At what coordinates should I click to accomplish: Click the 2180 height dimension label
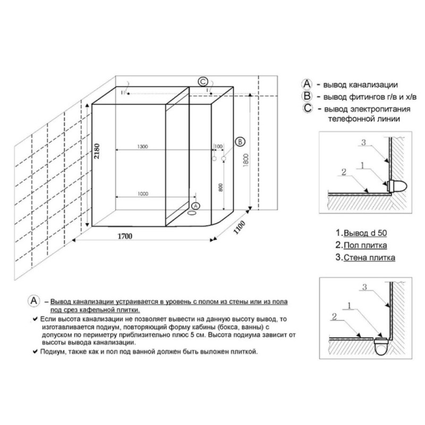point(97,151)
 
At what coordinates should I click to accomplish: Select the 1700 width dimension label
point(125,236)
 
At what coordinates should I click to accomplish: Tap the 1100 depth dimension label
point(239,227)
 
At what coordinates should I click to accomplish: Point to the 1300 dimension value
point(142,147)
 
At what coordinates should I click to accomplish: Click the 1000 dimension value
point(143,193)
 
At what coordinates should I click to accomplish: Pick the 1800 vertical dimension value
point(246,160)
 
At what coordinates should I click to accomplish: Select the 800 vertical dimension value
point(220,188)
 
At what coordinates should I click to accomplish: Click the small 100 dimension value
point(218,147)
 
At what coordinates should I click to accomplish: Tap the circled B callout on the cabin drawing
point(240,142)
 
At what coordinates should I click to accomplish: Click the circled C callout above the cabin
point(203,81)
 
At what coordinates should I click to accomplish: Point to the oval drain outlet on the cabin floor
point(192,213)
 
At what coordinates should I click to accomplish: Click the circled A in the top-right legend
point(307,84)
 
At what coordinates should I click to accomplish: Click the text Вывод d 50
point(365,233)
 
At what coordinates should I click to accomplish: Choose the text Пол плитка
point(365,245)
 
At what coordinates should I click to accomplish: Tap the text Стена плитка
point(369,258)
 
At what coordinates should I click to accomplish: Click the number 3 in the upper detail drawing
point(363,142)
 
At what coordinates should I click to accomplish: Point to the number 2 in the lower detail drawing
point(335,316)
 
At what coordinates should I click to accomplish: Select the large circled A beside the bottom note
point(34,301)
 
